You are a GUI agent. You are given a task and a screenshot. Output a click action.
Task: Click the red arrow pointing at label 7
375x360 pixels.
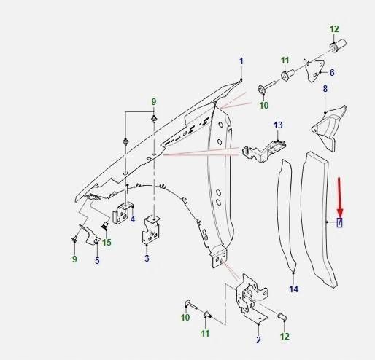[340, 197]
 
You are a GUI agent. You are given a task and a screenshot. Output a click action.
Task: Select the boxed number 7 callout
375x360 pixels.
[339, 222]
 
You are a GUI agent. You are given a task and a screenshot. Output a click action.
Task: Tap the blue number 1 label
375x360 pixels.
[241, 61]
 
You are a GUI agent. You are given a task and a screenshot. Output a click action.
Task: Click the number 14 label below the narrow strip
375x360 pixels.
[294, 289]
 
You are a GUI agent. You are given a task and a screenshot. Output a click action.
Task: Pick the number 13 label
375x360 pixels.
[278, 125]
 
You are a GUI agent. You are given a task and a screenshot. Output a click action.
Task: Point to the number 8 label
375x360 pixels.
[325, 89]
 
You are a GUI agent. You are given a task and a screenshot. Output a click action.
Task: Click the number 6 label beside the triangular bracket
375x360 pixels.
[332, 72]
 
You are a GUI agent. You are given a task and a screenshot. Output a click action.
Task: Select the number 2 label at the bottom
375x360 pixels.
[258, 340]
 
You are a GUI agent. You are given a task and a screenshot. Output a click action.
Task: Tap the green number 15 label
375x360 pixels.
[107, 242]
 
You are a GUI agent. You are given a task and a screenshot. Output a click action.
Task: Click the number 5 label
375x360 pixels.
[97, 261]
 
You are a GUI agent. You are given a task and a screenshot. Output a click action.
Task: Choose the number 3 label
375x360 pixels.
[147, 258]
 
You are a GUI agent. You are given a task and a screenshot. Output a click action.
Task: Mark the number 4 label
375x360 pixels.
[133, 219]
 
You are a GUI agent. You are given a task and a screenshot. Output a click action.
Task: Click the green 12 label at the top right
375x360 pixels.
[334, 29]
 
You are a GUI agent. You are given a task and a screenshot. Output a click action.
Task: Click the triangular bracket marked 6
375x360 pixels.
[314, 70]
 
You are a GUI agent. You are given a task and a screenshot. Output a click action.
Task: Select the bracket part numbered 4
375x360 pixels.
[123, 213]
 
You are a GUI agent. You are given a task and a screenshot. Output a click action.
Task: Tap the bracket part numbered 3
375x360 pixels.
[151, 230]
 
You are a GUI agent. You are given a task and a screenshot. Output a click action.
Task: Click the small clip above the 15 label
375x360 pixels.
[105, 224]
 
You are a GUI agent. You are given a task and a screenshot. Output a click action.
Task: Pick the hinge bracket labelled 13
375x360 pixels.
[264, 151]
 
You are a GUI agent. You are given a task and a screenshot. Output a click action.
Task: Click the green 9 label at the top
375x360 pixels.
[154, 102]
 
